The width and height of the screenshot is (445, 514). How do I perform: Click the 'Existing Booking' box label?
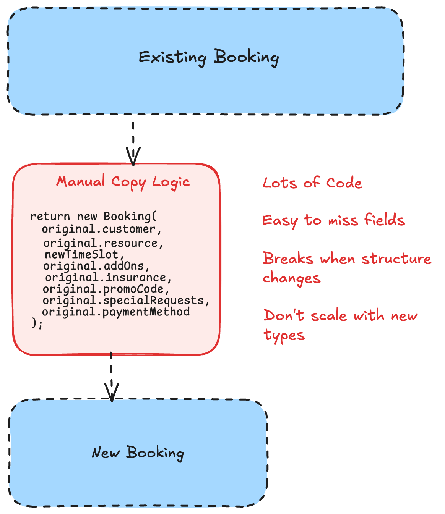click(x=208, y=57)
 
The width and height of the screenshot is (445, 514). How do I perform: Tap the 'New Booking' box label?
click(x=138, y=453)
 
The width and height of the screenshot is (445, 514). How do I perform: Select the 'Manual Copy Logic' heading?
click(x=123, y=181)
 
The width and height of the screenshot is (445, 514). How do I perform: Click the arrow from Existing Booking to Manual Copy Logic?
click(x=133, y=143)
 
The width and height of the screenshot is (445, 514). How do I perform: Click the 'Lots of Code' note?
click(x=312, y=183)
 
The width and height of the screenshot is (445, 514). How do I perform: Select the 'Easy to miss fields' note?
click(x=333, y=220)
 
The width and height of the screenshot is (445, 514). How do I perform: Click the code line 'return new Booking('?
click(x=94, y=216)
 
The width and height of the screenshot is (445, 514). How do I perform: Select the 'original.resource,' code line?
click(x=103, y=243)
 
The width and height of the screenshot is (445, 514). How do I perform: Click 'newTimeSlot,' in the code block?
click(x=84, y=254)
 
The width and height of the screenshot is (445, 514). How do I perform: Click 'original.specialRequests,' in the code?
click(x=126, y=300)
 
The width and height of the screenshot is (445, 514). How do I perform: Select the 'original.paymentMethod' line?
click(x=116, y=312)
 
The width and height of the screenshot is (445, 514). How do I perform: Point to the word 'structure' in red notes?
click(x=396, y=259)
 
